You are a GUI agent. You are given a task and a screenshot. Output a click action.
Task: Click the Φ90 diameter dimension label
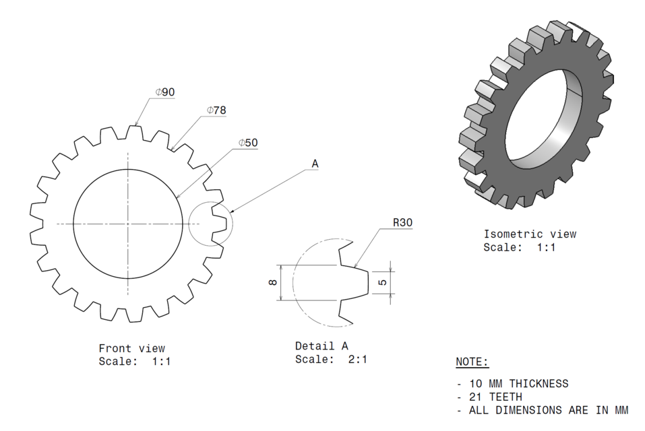[x=165, y=92]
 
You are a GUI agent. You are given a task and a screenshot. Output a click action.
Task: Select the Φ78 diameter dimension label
[x=216, y=110]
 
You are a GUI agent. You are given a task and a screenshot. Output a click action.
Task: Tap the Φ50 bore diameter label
[x=248, y=143]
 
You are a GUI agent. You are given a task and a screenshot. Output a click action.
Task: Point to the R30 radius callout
[x=404, y=223]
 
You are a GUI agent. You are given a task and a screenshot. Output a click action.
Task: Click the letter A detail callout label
[x=315, y=164]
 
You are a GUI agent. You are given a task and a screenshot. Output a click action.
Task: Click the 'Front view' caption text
[x=131, y=348]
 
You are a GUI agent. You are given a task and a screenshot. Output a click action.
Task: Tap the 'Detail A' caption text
[x=321, y=346]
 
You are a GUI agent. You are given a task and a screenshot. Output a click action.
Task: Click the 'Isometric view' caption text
[x=530, y=234]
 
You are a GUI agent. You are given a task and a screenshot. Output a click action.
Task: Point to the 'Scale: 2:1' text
[x=331, y=360]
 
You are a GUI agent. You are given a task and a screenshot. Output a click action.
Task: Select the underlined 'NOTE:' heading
[x=472, y=362]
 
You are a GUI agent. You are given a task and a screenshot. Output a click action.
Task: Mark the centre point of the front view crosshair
[x=128, y=224]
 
